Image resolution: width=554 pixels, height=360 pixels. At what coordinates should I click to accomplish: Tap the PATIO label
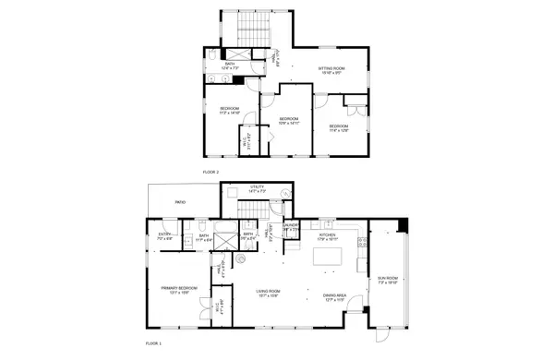pyautogui.click(x=181, y=200)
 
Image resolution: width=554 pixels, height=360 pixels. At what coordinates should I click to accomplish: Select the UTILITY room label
pyautogui.click(x=257, y=187)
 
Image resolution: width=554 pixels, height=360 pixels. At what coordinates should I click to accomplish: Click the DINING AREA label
pyautogui.click(x=334, y=296)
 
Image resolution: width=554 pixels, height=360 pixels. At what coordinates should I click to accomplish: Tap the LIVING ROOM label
pyautogui.click(x=268, y=293)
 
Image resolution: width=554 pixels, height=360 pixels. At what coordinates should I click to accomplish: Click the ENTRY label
pyautogui.click(x=165, y=234)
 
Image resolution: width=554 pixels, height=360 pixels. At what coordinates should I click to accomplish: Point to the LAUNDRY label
pyautogui.click(x=291, y=225)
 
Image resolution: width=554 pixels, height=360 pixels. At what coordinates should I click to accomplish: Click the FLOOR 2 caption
pyautogui.click(x=211, y=172)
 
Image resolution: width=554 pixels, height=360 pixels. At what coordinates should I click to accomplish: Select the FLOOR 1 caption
pyautogui.click(x=155, y=342)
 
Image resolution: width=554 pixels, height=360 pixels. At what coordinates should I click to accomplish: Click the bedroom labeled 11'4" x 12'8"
pyautogui.click(x=339, y=127)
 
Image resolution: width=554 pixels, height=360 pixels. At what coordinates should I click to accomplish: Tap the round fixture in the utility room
pyautogui.click(x=285, y=195)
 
